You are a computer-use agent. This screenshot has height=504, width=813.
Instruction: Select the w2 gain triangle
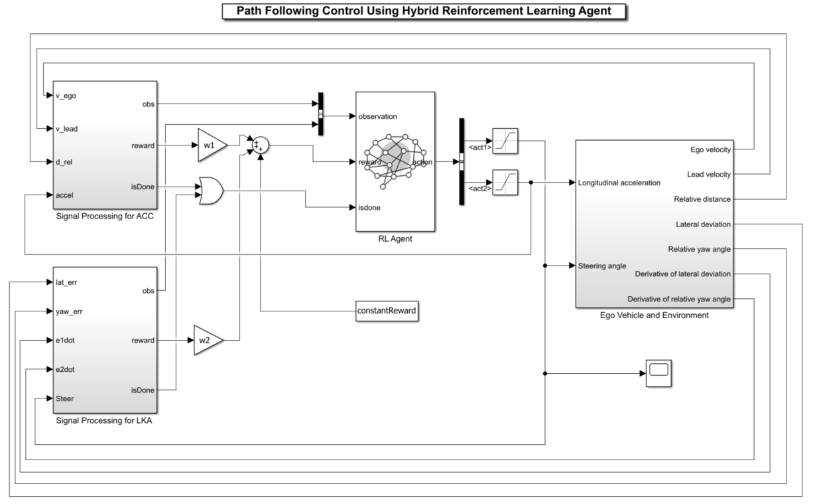[x=208, y=341]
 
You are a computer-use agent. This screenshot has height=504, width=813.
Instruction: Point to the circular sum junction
[x=259, y=145]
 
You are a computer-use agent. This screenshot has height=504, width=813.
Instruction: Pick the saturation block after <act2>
[x=505, y=182]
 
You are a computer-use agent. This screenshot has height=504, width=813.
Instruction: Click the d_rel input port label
[x=64, y=161]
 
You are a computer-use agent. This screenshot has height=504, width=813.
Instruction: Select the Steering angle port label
[x=602, y=266]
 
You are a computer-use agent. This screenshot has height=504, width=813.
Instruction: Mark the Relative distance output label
[x=702, y=199]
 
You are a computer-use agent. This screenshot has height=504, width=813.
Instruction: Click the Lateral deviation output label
[x=703, y=224]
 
